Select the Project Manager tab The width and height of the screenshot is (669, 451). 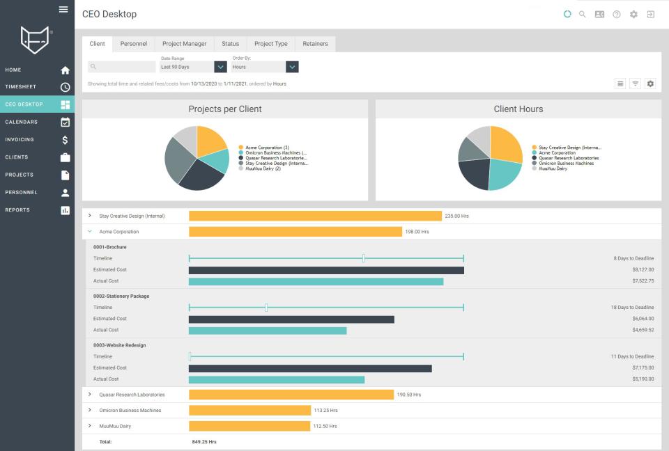click(184, 44)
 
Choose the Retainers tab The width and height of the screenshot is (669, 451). click(315, 44)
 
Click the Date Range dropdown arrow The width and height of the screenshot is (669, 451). click(221, 67)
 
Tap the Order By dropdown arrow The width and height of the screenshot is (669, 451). click(293, 67)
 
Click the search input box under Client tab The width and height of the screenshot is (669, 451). click(122, 67)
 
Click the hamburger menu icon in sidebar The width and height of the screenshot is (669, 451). click(63, 9)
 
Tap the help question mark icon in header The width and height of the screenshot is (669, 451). click(617, 14)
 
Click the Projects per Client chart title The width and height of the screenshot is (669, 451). click(225, 109)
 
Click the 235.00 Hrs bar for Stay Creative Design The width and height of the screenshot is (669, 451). click(315, 216)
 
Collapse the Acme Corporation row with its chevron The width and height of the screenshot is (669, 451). click(90, 232)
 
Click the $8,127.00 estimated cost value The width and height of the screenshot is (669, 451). click(643, 269)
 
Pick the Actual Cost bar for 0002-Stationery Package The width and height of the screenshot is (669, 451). click(268, 331)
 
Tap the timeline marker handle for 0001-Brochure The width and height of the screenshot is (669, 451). click(364, 258)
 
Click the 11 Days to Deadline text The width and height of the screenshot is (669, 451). click(632, 356)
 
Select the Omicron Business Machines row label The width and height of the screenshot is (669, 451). click(130, 411)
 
